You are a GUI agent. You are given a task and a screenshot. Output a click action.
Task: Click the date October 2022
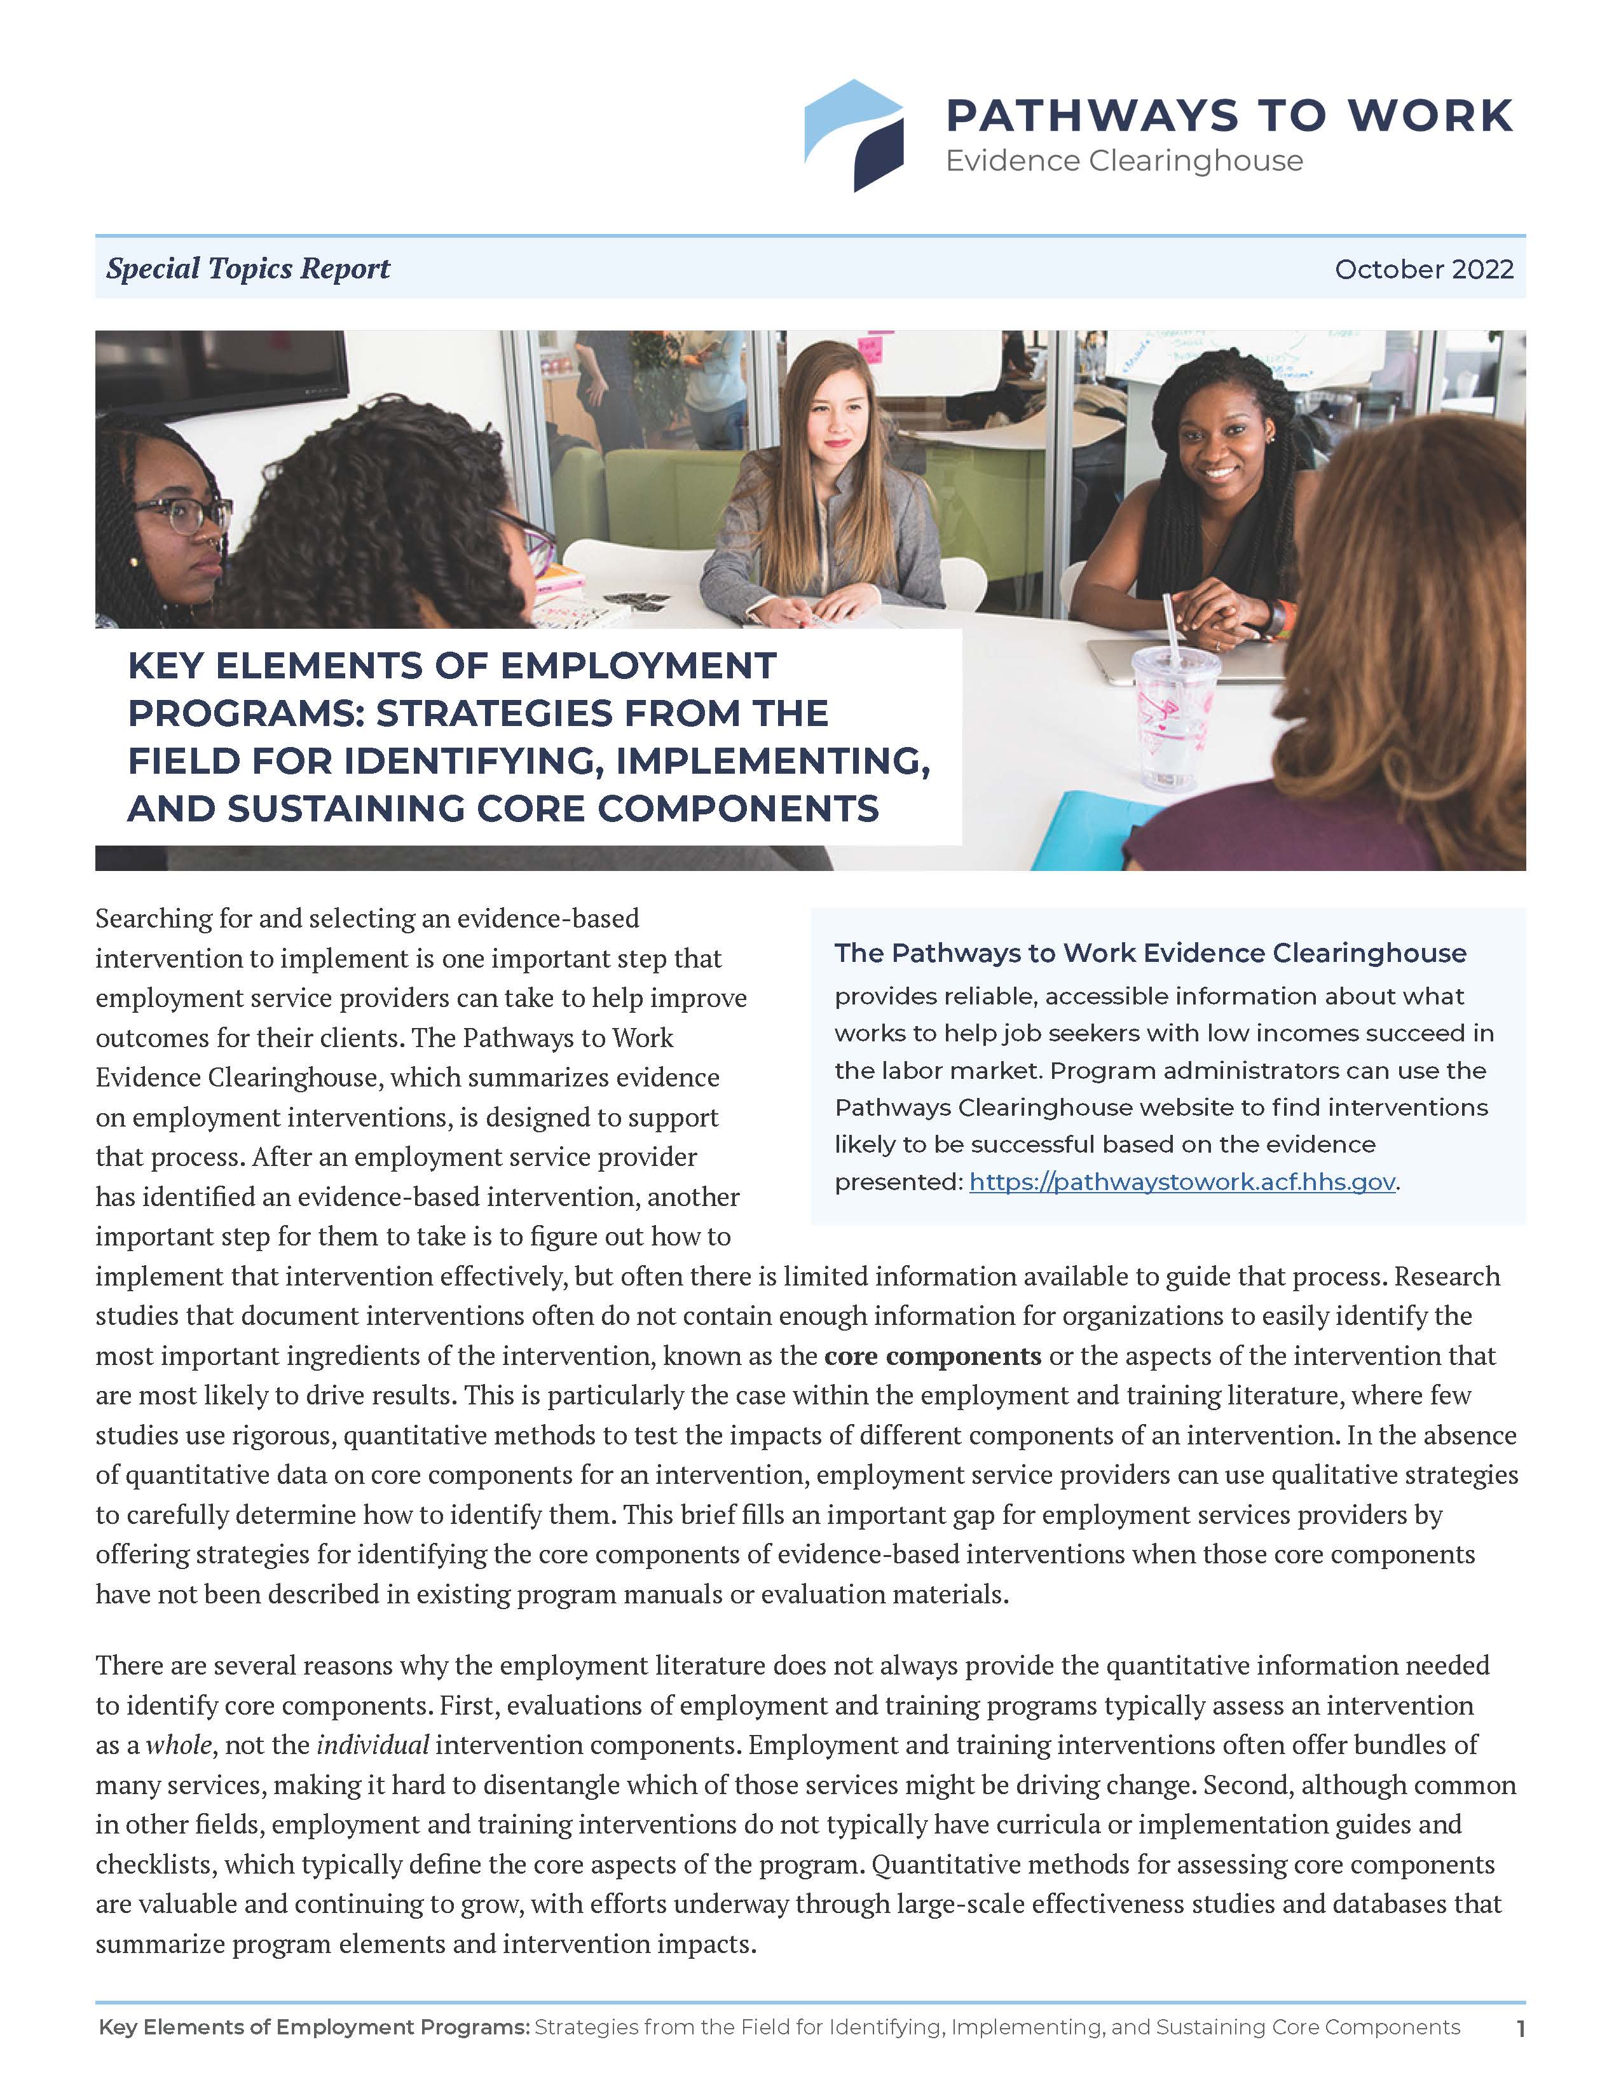tap(1423, 269)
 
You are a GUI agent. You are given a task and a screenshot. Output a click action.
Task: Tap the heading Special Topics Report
tap(248, 268)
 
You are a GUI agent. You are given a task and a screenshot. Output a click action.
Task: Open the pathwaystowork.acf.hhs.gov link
tap(1181, 1182)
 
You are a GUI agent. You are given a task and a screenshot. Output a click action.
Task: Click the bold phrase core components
tap(933, 1355)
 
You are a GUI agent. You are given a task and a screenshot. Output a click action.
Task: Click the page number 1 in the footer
tap(1520, 2029)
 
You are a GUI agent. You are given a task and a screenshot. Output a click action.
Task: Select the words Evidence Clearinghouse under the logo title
tap(1123, 161)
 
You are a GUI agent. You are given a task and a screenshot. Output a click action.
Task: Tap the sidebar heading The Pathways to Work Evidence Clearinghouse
tap(1149, 953)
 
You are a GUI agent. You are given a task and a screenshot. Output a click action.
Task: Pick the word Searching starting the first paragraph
tap(154, 919)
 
